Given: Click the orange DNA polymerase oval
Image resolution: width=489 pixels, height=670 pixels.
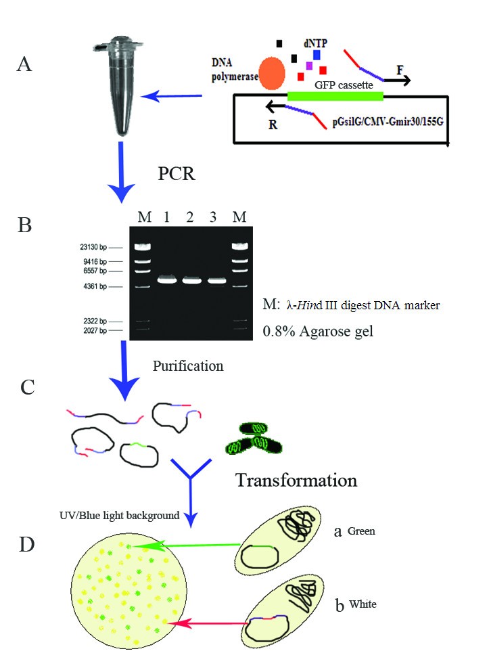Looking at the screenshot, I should [272, 73].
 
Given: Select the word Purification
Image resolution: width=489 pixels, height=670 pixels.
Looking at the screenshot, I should [188, 366].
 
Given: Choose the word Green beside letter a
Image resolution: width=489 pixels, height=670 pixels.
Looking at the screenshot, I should [361, 531].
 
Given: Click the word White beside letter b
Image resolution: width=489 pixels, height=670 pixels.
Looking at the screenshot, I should [363, 603].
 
